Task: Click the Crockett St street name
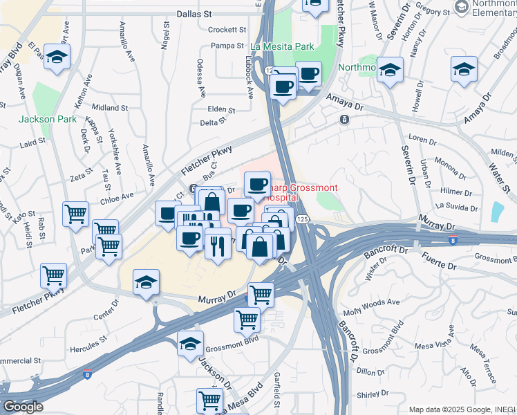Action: [x=227, y=30]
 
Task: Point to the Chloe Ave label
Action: [x=117, y=196]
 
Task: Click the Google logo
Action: [x=23, y=406]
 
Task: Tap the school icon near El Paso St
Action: [x=58, y=57]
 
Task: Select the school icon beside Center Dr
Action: [x=147, y=282]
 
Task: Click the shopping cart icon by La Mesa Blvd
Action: [x=209, y=400]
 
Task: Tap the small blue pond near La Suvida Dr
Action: [x=497, y=212]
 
